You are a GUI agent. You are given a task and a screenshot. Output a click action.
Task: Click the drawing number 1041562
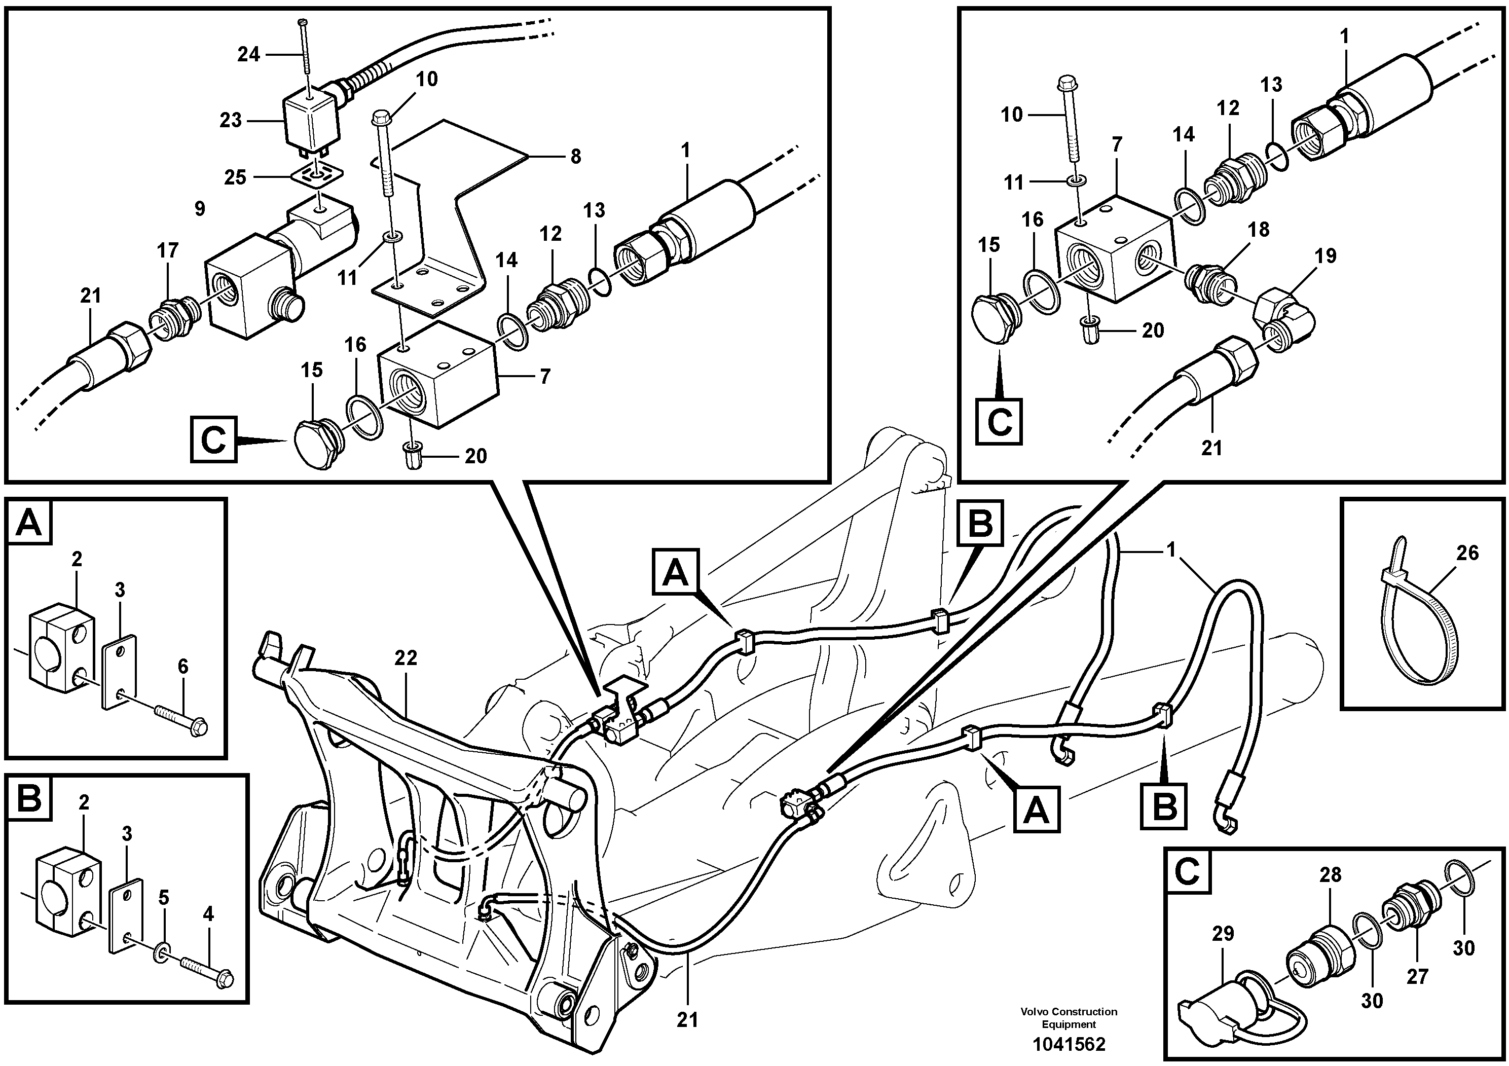[x=1069, y=1044]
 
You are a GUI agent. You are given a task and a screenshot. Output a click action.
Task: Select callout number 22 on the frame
[x=406, y=658]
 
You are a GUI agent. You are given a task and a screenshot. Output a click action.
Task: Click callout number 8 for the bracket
[x=575, y=157]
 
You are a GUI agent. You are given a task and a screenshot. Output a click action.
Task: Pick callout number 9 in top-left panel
[x=200, y=208]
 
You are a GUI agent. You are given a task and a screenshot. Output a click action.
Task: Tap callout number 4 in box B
[x=208, y=913]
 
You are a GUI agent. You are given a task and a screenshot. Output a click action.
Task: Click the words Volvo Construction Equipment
[x=1069, y=1017]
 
